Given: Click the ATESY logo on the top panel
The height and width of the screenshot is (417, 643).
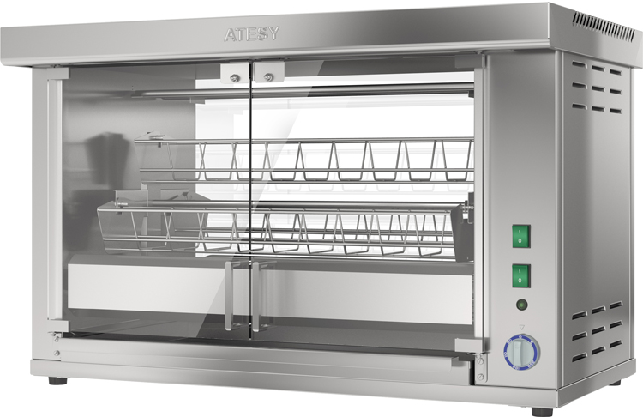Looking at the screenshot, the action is pyautogui.click(x=252, y=34).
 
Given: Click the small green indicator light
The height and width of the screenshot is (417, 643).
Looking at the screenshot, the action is pyautogui.click(x=521, y=305).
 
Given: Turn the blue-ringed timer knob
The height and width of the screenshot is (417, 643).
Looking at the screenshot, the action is pyautogui.click(x=521, y=353).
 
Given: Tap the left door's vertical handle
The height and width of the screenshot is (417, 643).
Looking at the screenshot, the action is pyautogui.click(x=231, y=294).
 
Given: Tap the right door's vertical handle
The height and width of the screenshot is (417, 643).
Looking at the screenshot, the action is pyautogui.click(x=258, y=295).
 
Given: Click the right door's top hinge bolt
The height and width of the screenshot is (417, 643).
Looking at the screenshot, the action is pyautogui.click(x=268, y=76).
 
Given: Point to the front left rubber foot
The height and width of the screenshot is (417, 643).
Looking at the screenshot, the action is pyautogui.click(x=57, y=380).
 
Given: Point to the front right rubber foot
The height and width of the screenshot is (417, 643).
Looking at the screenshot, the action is pyautogui.click(x=542, y=411).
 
